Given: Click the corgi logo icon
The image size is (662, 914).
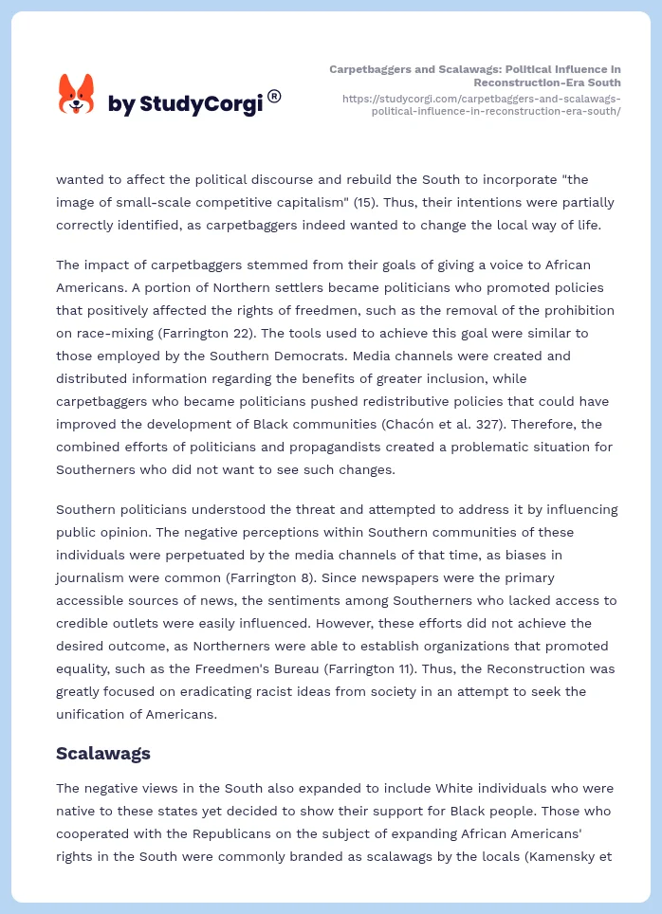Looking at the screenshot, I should [77, 95].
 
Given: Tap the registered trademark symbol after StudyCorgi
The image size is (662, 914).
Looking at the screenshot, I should [274, 96].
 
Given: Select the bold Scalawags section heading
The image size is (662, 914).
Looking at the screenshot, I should [103, 754].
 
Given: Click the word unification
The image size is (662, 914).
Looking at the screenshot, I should [97, 715].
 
